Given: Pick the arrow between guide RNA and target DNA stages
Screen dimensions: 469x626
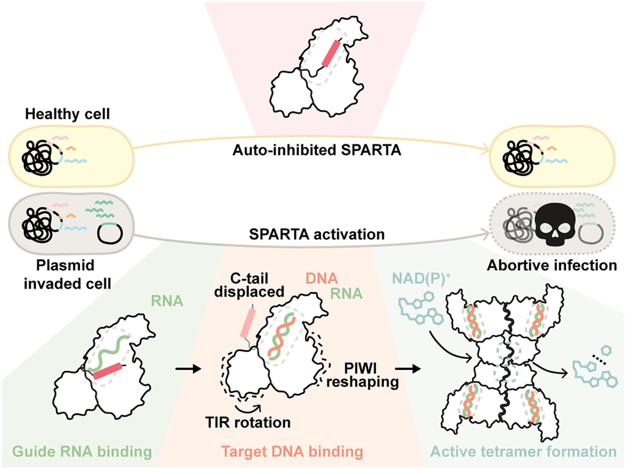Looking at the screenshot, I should (188, 369).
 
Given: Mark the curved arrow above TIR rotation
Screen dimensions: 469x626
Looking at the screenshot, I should (251, 404).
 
